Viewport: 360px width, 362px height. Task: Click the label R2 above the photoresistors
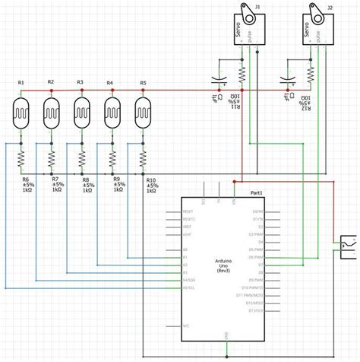51,81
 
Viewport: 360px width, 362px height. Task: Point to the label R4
110,81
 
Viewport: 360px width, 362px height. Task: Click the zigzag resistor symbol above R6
21,157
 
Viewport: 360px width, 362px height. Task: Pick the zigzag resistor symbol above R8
82,157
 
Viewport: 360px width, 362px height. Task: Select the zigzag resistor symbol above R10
143,157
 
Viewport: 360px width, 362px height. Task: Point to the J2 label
329,7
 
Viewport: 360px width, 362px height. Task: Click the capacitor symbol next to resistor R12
286,79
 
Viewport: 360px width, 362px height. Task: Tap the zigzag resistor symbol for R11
242,75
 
